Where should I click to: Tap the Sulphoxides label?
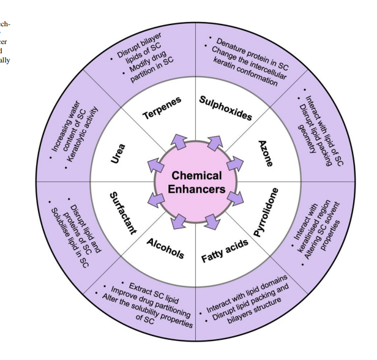click(226, 107)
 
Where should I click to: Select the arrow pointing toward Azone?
click(234, 165)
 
